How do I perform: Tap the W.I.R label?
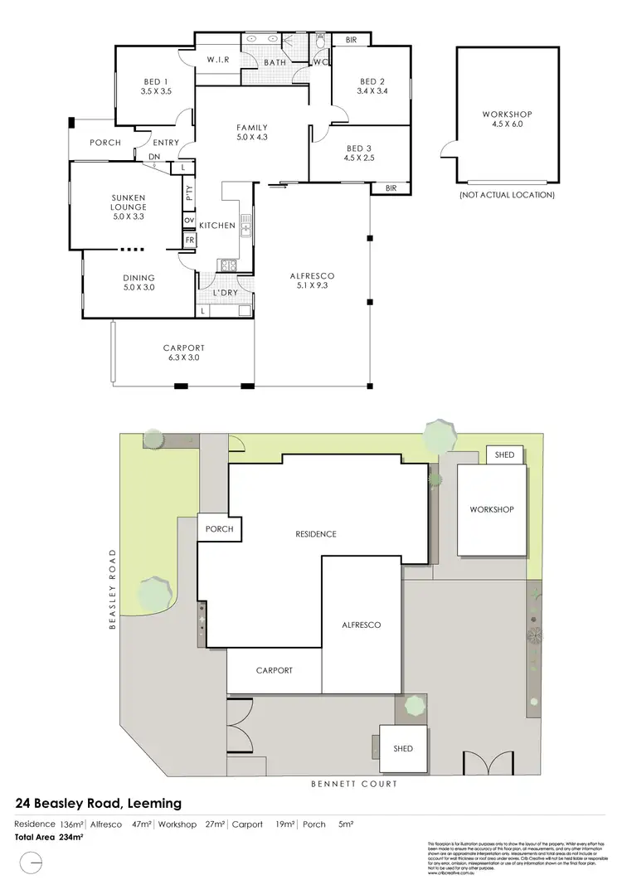tap(218, 60)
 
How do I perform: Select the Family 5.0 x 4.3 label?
tap(252, 133)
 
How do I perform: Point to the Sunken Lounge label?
tap(129, 202)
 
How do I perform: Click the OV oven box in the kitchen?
tap(189, 220)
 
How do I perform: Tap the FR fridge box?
tap(189, 240)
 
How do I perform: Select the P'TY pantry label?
tap(189, 192)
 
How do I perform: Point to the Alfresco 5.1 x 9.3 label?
tap(312, 280)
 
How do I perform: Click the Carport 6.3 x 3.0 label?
tap(184, 352)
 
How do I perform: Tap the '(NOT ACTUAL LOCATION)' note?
tap(507, 196)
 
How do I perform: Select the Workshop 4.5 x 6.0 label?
tap(507, 119)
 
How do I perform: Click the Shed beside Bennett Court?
tap(403, 748)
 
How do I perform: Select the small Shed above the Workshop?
tap(504, 455)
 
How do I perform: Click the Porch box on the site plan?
tap(219, 529)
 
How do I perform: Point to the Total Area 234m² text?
tap(49, 838)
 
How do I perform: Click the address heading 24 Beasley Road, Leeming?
tap(99, 804)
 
